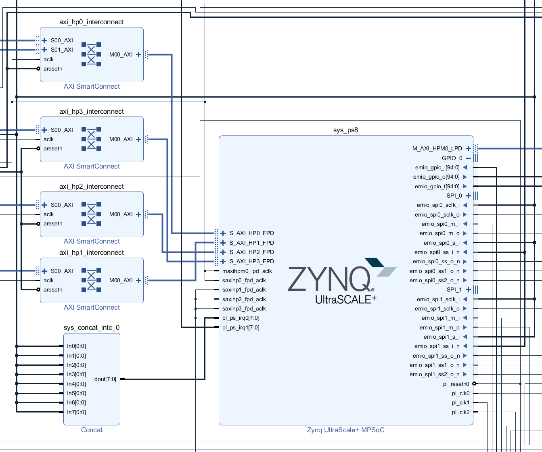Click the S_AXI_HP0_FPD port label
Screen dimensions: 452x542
[251, 233]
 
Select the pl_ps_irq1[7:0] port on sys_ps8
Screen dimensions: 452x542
[241, 327]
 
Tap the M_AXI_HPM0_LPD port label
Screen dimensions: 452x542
[437, 148]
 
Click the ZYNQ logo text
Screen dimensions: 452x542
[329, 279]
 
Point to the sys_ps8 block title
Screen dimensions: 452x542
[345, 130]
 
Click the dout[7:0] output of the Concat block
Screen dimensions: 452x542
[105, 379]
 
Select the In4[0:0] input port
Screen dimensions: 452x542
[76, 384]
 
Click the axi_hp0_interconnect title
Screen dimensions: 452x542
[92, 22]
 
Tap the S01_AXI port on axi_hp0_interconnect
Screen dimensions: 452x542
[62, 50]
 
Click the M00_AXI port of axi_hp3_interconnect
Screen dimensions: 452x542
[121, 139]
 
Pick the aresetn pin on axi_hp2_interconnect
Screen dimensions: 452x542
[53, 223]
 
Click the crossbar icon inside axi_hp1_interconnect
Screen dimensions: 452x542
[91, 280]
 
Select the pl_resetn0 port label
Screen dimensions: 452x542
[456, 384]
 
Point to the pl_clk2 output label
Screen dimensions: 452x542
[460, 412]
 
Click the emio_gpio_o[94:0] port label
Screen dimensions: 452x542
[436, 177]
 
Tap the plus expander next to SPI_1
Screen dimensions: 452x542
[468, 290]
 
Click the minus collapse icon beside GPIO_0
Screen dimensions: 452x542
[468, 158]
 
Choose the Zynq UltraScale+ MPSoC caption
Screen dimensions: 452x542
[345, 430]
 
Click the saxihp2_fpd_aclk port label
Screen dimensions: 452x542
[244, 299]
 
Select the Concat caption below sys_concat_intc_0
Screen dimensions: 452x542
[92, 430]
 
